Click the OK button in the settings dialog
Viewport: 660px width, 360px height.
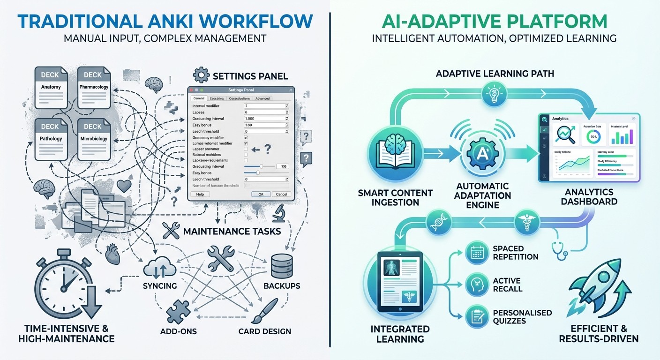pyautogui.click(x=261, y=194)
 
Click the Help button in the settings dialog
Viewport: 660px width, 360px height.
pyautogui.click(x=200, y=194)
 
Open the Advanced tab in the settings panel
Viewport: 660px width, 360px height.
pyautogui.click(x=262, y=98)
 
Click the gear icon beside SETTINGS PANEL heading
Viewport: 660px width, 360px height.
pyautogui.click(x=201, y=75)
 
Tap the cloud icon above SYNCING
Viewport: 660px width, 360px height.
pyautogui.click(x=160, y=268)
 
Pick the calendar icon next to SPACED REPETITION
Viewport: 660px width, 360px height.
pyautogui.click(x=477, y=254)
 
